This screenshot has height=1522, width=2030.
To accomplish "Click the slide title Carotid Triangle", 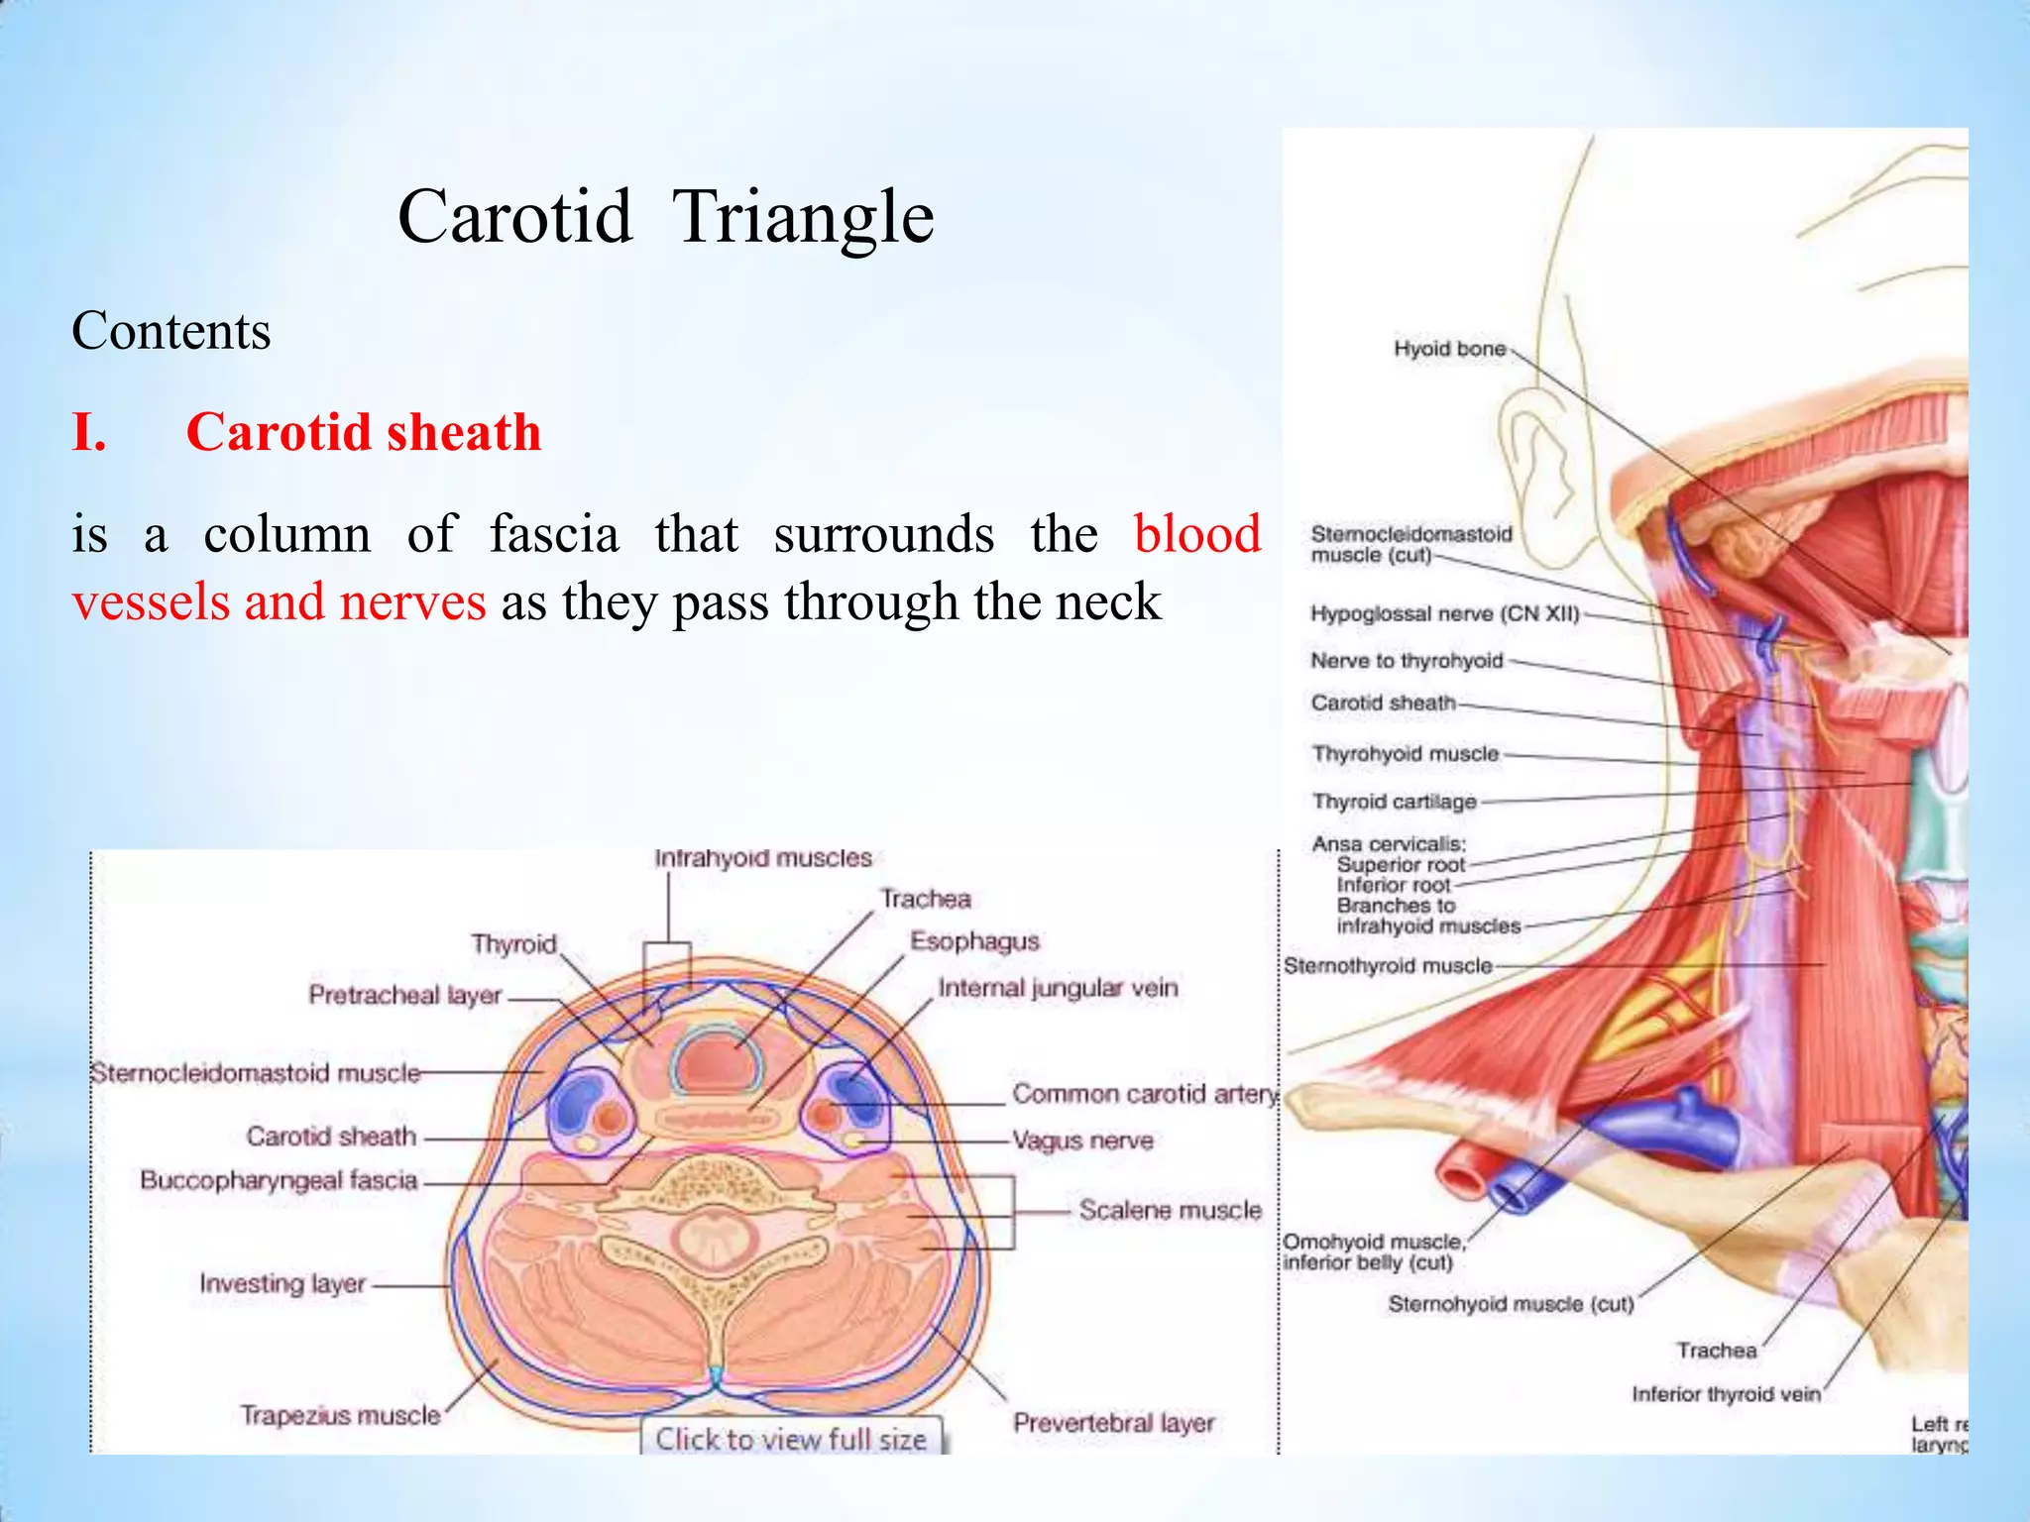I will [665, 217].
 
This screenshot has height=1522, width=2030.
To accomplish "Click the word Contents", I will [170, 331].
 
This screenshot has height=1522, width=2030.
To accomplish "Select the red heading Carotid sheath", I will [364, 433].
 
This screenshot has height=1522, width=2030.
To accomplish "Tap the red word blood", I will [1196, 534].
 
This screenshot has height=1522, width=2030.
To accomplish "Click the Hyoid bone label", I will [1449, 349].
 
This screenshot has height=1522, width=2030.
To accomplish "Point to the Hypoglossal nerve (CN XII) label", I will [1444, 613].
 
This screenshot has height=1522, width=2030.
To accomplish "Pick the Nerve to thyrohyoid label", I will [1407, 661].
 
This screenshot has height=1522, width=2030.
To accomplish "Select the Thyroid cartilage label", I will [1394, 802].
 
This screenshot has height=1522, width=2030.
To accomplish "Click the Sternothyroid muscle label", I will [1388, 966].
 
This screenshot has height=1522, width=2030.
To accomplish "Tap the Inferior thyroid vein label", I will [1726, 1394].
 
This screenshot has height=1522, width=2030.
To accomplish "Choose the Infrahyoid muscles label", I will [762, 858].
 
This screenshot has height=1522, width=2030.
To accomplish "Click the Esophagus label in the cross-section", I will [974, 941].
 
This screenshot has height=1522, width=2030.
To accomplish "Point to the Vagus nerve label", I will [1082, 1141].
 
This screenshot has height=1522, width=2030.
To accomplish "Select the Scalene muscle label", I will [1170, 1211].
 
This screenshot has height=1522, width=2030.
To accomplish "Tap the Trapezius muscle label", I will [340, 1416].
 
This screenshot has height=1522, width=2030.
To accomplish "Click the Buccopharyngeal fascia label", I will [279, 1181].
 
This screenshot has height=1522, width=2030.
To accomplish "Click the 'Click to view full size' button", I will [791, 1439].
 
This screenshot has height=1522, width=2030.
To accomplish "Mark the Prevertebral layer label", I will [1113, 1424].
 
